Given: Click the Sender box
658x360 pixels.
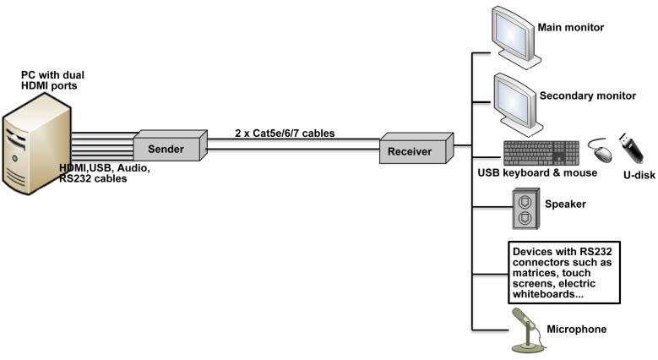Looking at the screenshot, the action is (x=170, y=145).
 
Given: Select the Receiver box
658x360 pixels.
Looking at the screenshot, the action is (x=416, y=148).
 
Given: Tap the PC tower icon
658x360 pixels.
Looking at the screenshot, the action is (x=37, y=144).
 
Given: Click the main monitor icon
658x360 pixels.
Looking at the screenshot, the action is (x=516, y=37).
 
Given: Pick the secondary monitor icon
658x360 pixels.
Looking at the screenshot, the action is (x=519, y=105).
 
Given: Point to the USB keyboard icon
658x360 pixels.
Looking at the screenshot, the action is (x=541, y=153).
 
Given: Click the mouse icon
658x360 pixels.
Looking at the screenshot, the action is (x=601, y=150).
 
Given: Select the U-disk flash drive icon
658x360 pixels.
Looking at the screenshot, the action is (x=632, y=148).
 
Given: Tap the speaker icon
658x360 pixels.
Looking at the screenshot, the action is (x=526, y=209).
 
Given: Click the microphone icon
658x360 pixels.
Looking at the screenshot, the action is (x=527, y=330).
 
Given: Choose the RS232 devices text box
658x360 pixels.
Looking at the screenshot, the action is (x=564, y=272).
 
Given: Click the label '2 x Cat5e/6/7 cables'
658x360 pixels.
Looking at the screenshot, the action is (x=285, y=134).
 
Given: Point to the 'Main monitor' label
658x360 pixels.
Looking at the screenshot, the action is (x=571, y=27).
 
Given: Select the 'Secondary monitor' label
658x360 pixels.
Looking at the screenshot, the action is (x=588, y=95).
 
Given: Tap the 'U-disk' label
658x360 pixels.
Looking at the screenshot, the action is (x=639, y=175).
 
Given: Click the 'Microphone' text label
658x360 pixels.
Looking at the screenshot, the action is (x=577, y=329).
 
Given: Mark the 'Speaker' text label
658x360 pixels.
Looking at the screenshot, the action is (x=565, y=205).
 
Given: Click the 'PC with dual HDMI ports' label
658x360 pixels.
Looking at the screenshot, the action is (x=52, y=80).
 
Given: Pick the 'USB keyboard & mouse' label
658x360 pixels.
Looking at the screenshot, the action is (x=537, y=172).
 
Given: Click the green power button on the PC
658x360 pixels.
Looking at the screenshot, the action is (x=14, y=158).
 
